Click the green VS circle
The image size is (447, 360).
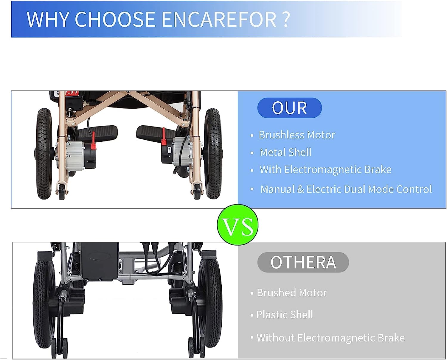238,225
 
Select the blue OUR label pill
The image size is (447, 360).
289,108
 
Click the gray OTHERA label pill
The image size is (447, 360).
303,262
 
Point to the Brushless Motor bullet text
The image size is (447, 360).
297,135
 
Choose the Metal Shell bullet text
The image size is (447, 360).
285,152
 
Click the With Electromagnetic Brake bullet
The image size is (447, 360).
325,169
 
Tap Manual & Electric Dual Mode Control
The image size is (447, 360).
346,189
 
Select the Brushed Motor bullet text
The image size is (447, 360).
292,293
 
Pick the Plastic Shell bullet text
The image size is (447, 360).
285,314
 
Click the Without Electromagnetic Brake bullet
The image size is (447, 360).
330,338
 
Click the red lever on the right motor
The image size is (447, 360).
164,136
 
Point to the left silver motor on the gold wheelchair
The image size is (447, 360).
75,155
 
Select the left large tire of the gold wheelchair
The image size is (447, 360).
44,154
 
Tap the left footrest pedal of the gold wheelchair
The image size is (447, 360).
98,133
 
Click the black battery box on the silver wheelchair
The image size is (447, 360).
99,262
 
